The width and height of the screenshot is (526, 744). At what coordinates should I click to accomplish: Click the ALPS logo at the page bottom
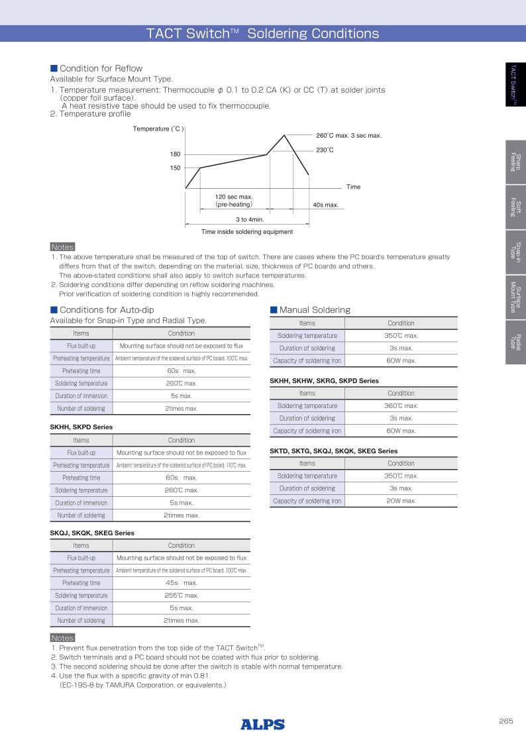[263, 724]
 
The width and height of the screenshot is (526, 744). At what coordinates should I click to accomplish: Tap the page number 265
[506, 721]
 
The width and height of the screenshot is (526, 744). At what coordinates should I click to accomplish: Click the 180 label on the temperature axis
[176, 154]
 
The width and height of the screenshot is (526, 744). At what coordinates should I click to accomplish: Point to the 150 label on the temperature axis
[176, 168]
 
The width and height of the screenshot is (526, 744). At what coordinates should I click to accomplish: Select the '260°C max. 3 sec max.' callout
[348, 136]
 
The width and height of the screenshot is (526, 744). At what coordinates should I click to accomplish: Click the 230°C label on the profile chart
[325, 150]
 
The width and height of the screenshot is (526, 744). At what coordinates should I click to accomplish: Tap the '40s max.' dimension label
[325, 205]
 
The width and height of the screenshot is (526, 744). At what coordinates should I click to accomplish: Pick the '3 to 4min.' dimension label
[250, 219]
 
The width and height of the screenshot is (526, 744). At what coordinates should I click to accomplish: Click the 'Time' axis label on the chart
[353, 187]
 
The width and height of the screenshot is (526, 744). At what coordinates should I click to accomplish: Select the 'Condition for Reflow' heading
[101, 68]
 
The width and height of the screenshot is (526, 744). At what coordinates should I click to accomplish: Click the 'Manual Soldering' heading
[315, 309]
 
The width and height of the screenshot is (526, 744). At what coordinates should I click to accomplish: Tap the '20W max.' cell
[401, 501]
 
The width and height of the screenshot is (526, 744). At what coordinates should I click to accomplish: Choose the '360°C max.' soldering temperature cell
[401, 405]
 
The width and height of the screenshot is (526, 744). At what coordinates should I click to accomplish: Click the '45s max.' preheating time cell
[181, 583]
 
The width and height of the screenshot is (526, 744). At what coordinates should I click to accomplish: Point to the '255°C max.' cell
[181, 596]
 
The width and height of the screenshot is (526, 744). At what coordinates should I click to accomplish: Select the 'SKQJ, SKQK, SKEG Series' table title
[92, 533]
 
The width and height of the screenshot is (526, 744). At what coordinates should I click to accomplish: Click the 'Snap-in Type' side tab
[515, 252]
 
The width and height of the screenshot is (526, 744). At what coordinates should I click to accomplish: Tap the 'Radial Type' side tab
[515, 341]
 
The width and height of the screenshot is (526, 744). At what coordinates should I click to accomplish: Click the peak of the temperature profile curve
[285, 135]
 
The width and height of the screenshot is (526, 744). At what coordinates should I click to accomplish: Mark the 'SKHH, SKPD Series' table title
[81, 427]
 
